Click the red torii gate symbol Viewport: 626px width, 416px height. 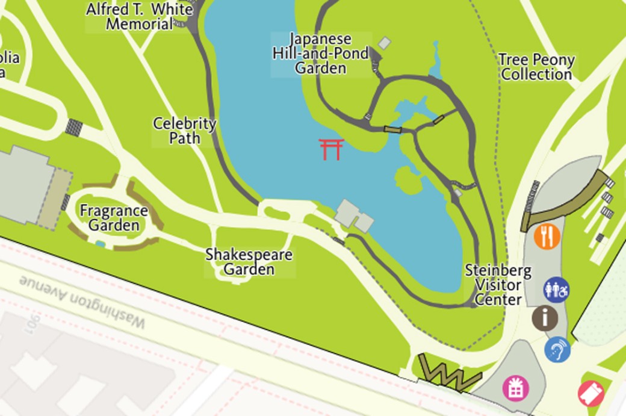(332, 149)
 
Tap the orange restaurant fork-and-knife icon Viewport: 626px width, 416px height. (547, 236)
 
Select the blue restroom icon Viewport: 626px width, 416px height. (556, 290)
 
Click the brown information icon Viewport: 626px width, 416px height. (545, 318)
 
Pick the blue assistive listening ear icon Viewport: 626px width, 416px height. (557, 349)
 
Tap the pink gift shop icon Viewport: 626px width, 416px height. (515, 388)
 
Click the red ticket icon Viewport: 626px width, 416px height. (590, 393)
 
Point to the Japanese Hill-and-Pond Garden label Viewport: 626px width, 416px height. (320, 54)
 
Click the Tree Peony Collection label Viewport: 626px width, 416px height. (536, 67)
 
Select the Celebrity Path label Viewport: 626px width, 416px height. (184, 131)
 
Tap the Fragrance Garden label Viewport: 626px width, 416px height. (114, 218)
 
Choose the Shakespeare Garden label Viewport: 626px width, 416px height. (249, 262)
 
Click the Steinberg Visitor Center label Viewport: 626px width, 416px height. (498, 284)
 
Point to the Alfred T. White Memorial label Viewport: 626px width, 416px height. (139, 17)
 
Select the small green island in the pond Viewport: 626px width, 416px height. (408, 180)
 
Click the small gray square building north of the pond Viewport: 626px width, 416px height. (384, 43)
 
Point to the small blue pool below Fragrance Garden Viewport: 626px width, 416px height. (100, 244)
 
